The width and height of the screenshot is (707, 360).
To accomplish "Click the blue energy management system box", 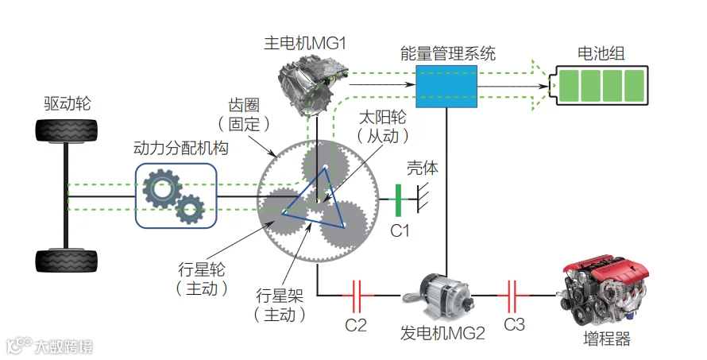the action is (446, 86).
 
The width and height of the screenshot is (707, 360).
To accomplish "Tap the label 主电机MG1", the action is (305, 44).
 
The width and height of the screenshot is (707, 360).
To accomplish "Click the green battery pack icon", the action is (598, 86).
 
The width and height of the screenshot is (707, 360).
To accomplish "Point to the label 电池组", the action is (601, 54).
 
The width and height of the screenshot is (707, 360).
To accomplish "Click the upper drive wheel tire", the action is (67, 131).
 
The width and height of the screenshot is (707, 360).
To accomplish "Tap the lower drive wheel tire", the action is (67, 261).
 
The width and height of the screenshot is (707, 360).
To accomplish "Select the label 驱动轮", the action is (68, 104).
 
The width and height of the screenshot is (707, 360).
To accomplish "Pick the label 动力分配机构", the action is (181, 148).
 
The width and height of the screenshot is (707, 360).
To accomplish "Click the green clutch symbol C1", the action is (398, 199).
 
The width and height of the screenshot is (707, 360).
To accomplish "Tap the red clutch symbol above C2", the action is (356, 296).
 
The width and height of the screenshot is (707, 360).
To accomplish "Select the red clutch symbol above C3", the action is (512, 296).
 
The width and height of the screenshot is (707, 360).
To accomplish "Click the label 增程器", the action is (607, 339).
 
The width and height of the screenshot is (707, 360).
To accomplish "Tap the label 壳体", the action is (423, 168).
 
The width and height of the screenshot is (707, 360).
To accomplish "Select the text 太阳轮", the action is (382, 118).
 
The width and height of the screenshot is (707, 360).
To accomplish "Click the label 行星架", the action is (280, 296).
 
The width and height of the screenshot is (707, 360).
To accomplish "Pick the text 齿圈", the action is (244, 106).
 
